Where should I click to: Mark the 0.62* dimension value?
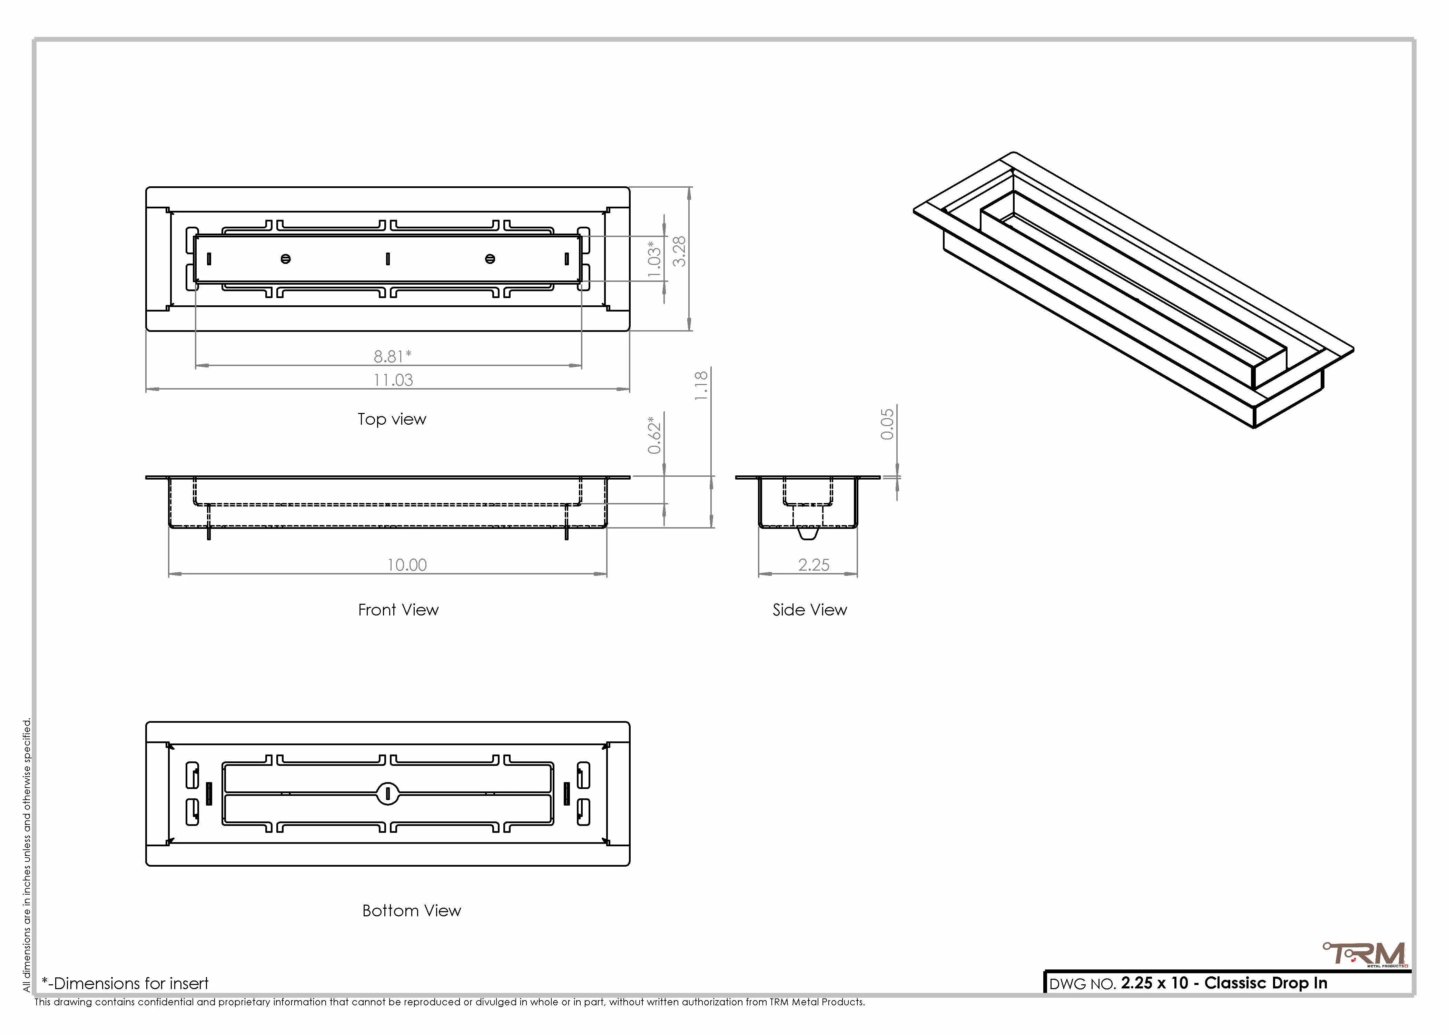[654, 435]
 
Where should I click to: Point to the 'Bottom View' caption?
[412, 911]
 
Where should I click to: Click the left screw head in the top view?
[285, 259]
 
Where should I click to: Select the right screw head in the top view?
[490, 259]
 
